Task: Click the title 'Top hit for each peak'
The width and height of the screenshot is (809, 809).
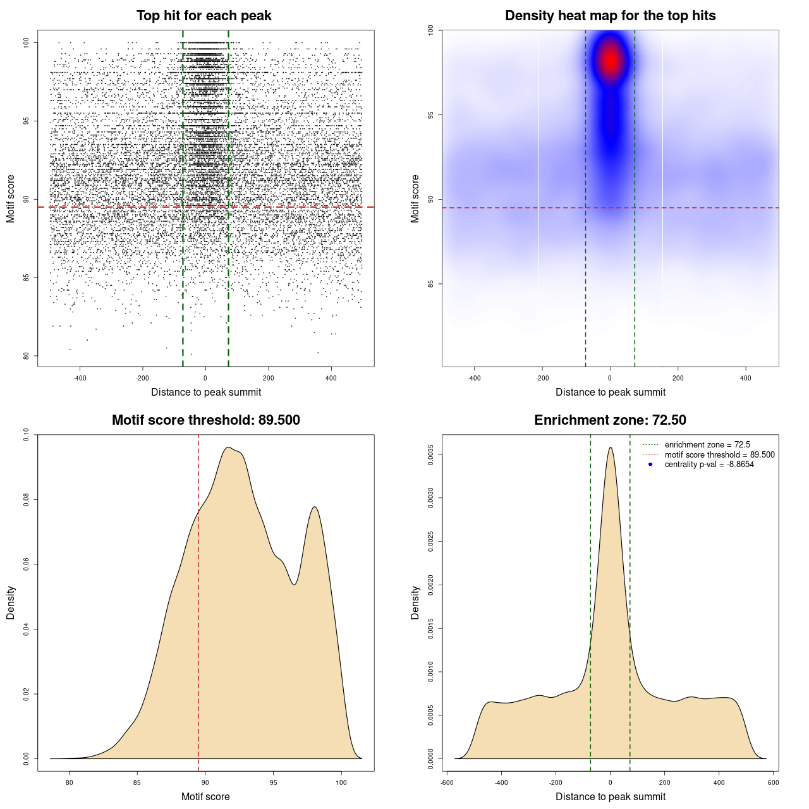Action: tap(204, 16)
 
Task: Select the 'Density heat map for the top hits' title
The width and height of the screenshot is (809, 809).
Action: tap(610, 16)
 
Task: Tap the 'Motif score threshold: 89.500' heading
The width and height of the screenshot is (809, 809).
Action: tap(205, 420)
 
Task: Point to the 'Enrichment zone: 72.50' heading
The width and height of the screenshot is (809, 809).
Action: tap(610, 420)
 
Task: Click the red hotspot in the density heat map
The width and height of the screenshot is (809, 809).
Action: tap(610, 61)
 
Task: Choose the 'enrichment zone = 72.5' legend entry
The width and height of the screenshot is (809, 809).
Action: tap(707, 445)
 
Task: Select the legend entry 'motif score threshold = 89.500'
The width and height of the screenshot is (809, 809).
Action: tap(719, 454)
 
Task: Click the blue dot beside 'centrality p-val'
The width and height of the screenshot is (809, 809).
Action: tap(650, 465)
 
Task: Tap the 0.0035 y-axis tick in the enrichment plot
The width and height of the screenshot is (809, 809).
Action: tap(431, 454)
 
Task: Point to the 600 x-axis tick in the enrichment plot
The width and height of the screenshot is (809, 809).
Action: tap(773, 782)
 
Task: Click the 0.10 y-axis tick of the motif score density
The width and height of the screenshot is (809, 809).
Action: tap(26, 434)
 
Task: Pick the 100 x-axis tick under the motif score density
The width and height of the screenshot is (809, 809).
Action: tap(341, 782)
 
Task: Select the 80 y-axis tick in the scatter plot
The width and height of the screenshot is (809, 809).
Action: tap(27, 356)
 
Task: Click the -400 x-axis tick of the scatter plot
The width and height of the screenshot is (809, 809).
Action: tap(80, 378)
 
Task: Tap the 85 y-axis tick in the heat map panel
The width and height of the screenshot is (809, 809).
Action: tap(431, 284)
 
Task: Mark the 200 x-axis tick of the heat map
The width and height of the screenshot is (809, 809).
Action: tap(678, 378)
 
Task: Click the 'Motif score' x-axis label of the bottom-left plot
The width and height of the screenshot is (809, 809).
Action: tap(205, 796)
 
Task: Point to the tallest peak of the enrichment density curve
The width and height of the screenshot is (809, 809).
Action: tap(610, 448)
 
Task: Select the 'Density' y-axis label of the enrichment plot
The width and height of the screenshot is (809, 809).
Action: tap(415, 602)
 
